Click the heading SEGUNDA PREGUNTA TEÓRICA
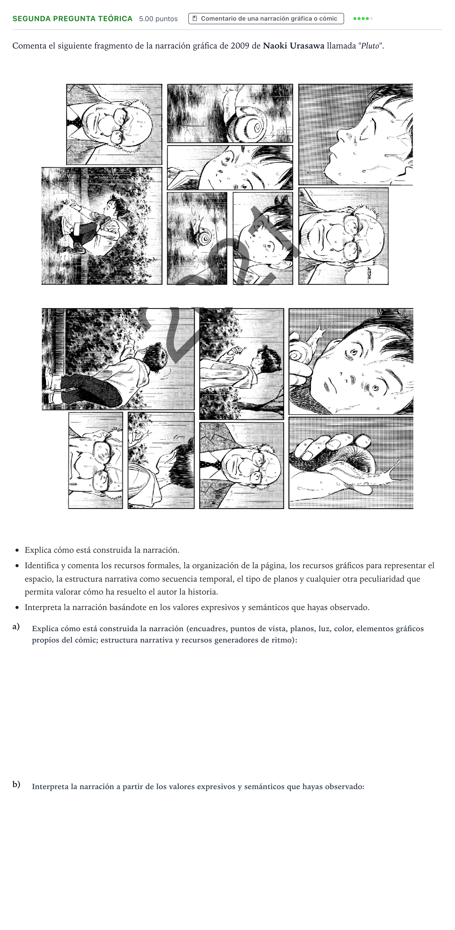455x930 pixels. tap(72, 19)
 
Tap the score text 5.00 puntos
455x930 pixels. tap(158, 19)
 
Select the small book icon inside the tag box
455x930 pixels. tap(195, 18)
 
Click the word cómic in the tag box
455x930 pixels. tap(328, 18)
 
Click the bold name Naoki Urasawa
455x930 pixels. tap(293, 46)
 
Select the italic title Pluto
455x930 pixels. tap(370, 46)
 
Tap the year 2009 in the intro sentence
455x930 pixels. tap(240, 46)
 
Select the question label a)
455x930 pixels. tap(16, 626)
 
